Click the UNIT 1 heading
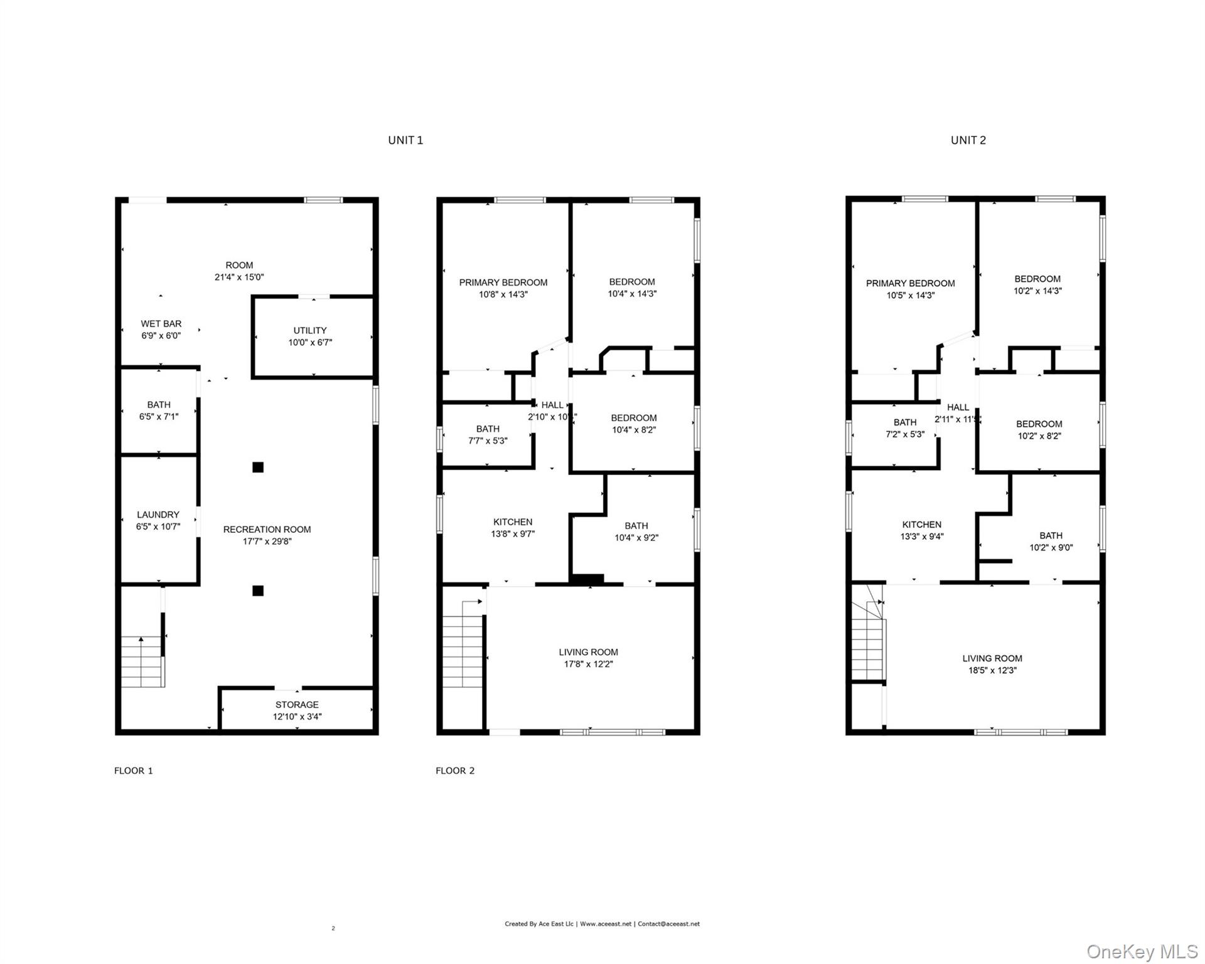pyautogui.click(x=405, y=141)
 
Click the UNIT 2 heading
pyautogui.click(x=968, y=141)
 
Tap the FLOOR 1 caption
pyautogui.click(x=133, y=771)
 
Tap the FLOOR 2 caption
pyautogui.click(x=455, y=771)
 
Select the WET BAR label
pyautogui.click(x=161, y=324)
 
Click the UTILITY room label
pyautogui.click(x=310, y=331)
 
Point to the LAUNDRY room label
pyautogui.click(x=158, y=515)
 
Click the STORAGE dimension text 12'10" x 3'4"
pyautogui.click(x=297, y=717)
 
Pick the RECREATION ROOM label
pyautogui.click(x=267, y=530)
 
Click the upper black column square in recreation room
pyautogui.click(x=258, y=467)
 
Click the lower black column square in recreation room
pyautogui.click(x=258, y=591)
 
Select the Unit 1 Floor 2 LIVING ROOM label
pyautogui.click(x=588, y=653)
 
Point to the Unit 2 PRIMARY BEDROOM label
pyautogui.click(x=910, y=284)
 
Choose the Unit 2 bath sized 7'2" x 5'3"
pyautogui.click(x=905, y=428)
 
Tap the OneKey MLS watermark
pyautogui.click(x=1142, y=951)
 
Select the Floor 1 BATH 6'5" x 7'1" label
pyautogui.click(x=159, y=410)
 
